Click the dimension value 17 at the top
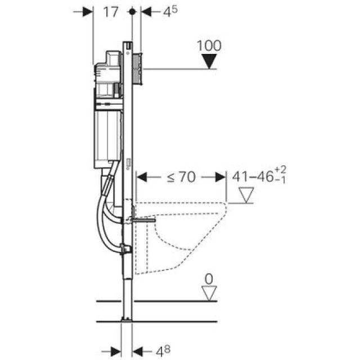click(x=111, y=12)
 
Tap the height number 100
click(x=210, y=46)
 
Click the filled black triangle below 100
click(x=210, y=62)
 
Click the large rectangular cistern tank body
click(x=107, y=135)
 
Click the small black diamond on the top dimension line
click(x=132, y=11)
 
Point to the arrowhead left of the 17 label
click(x=87, y=12)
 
